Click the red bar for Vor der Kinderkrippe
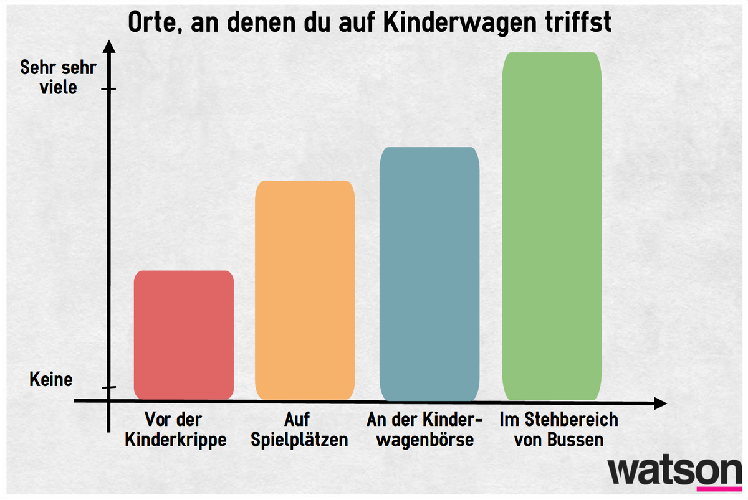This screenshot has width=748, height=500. pyautogui.click(x=184, y=335)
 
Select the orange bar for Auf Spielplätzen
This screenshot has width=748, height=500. pyautogui.click(x=305, y=290)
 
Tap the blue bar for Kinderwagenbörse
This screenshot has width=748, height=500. pyautogui.click(x=429, y=274)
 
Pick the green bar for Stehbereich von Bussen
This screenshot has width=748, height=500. pyautogui.click(x=552, y=226)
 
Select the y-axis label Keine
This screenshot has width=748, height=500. pyautogui.click(x=51, y=379)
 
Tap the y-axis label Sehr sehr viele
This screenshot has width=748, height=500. pyautogui.click(x=58, y=77)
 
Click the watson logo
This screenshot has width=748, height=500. pyautogui.click(x=674, y=471)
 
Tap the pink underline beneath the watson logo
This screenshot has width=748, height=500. pyautogui.click(x=719, y=489)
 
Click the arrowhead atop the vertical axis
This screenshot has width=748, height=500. pyautogui.click(x=109, y=47)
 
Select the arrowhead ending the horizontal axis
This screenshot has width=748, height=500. pyautogui.click(x=660, y=403)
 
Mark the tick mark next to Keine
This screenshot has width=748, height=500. pyautogui.click(x=109, y=387)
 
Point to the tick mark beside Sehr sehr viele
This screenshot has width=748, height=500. pyautogui.click(x=108, y=89)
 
